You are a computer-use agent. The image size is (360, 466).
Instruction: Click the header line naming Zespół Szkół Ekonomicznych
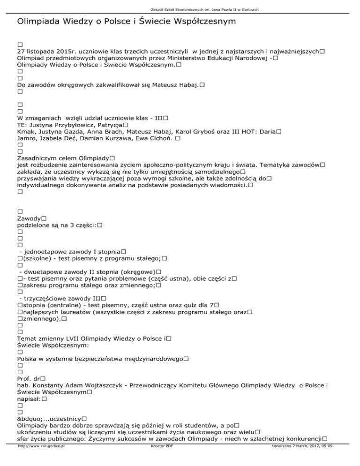(180, 9)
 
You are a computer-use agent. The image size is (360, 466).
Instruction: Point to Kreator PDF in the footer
(160, 460)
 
